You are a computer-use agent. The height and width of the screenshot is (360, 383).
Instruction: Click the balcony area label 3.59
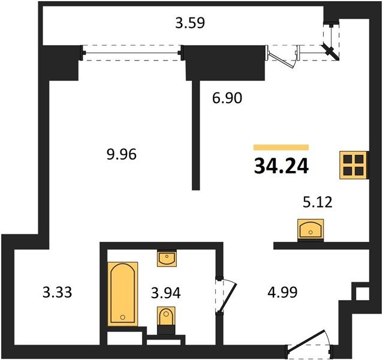pos(190,23)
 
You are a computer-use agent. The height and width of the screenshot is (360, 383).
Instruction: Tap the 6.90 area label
pos(227,98)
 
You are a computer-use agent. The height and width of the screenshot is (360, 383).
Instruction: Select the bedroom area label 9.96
pos(122,155)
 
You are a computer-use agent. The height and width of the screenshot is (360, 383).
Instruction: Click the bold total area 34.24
pos(281,166)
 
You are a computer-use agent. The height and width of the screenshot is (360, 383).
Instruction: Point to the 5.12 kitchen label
pos(318,202)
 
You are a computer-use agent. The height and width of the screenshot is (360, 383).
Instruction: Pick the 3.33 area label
pos(57,292)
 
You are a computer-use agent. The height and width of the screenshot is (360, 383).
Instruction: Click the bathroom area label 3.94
pos(166,293)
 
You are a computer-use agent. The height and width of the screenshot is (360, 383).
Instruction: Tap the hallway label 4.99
pos(283,292)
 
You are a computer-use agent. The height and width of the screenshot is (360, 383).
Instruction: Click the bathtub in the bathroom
pos(123,294)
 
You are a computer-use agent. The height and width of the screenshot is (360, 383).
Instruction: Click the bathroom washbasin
pos(167,258)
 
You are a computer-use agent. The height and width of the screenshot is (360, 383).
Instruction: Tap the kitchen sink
pos(310,230)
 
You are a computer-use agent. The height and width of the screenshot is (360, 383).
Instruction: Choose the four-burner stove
pos(354,165)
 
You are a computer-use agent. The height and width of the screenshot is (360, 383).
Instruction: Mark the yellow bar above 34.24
pos(281,147)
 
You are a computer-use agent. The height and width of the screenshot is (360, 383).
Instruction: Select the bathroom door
pos(227,295)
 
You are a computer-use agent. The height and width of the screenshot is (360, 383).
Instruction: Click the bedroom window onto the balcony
pos(132,53)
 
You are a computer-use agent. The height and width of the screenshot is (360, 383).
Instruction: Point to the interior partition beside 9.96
pos(195,135)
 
